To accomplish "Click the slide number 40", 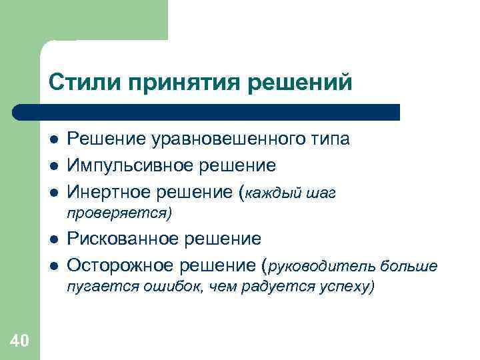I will [x=19, y=342].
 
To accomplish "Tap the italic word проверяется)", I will [x=119, y=213].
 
